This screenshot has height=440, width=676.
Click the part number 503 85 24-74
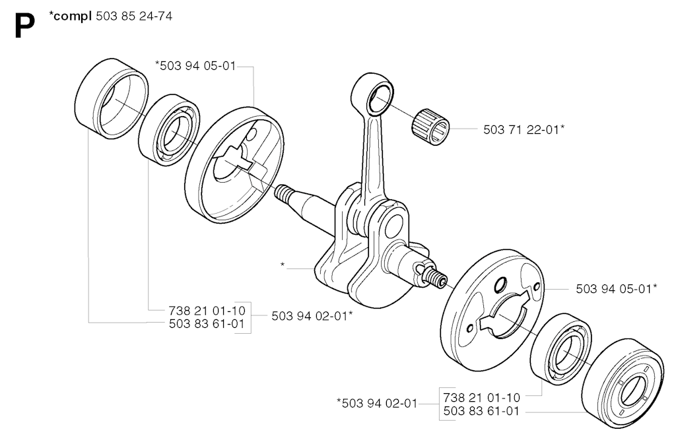tap(133, 16)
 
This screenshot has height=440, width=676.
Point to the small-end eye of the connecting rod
tap(380, 98)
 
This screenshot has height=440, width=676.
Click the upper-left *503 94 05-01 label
tap(195, 66)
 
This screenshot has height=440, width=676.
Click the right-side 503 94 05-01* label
tap(617, 288)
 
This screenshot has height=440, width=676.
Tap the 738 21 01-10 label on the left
tap(207, 310)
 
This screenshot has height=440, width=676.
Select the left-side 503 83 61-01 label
tap(207, 324)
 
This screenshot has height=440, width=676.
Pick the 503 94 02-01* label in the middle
tap(312, 316)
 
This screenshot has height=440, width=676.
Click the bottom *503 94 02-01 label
tap(377, 403)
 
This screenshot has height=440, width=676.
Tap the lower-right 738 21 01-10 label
tap(481, 397)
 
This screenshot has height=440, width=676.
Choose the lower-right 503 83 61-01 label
tap(481, 411)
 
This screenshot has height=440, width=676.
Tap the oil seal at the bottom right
tap(623, 383)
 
